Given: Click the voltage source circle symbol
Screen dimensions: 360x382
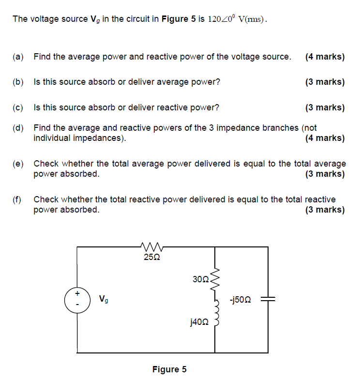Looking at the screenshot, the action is click(x=77, y=300).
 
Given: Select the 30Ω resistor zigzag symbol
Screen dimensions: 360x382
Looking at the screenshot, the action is click(x=215, y=280).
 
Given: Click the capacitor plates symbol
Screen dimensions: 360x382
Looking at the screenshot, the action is click(x=268, y=300).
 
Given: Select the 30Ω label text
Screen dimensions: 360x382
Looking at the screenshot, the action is click(x=200, y=279).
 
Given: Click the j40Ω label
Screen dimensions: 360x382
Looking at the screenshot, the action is click(x=199, y=321).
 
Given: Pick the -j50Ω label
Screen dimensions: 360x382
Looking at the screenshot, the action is click(x=240, y=300).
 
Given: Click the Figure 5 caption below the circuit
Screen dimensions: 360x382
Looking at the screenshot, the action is click(x=169, y=369).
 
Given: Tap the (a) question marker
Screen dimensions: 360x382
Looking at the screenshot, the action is click(x=18, y=57).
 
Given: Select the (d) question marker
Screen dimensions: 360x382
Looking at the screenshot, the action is click(x=18, y=128).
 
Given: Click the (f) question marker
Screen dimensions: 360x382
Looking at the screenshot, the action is click(x=17, y=199).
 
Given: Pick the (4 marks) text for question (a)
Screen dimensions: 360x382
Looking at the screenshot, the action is click(x=325, y=57).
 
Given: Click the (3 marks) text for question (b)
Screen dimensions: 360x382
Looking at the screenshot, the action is click(x=325, y=82).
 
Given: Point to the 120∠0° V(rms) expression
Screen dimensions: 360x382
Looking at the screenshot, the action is click(x=237, y=19).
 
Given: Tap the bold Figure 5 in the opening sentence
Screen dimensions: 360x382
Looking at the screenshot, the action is click(x=179, y=19).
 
